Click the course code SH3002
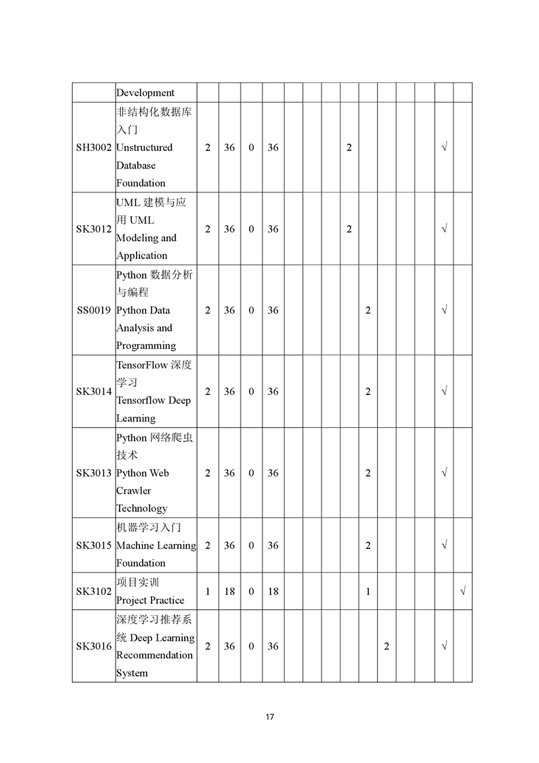point(94,148)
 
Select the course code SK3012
point(94,229)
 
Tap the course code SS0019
point(94,310)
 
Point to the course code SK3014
point(94,392)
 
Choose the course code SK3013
point(94,473)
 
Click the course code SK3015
point(94,545)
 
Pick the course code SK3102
point(94,592)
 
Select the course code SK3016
point(94,646)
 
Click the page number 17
point(270,717)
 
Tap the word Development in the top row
point(145,93)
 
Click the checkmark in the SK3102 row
point(463,592)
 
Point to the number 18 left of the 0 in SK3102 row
point(229,592)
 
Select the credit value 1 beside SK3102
point(207,592)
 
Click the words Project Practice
point(150,600)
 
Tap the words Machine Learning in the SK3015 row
point(156,545)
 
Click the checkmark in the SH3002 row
point(444,148)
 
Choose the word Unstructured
point(144,148)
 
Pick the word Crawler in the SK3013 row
point(134,491)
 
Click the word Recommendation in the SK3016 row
point(154,656)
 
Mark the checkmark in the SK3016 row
point(444,646)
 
